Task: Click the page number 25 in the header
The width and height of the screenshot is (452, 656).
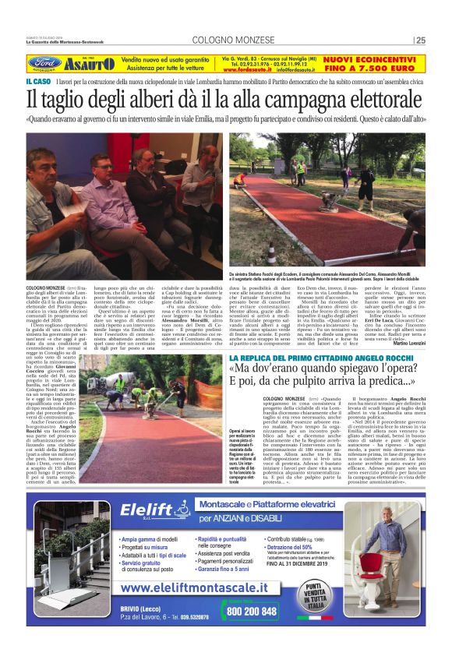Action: (421, 41)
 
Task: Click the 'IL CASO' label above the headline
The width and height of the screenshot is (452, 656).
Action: (37, 81)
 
